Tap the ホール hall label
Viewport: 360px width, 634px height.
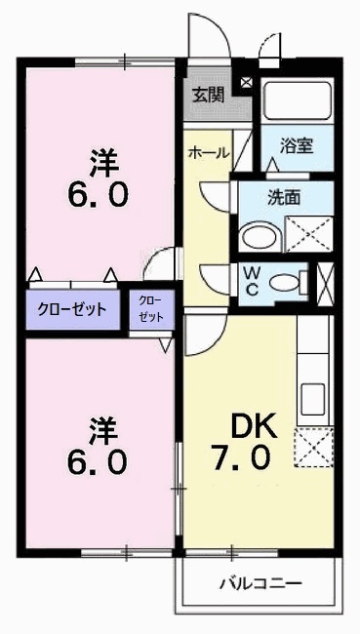[x=209, y=153]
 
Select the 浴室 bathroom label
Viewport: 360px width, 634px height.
[x=297, y=146]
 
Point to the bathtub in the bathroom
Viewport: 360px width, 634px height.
[x=298, y=100]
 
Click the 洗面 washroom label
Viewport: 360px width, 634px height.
[x=284, y=197]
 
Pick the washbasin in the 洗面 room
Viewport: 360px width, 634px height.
[x=260, y=236]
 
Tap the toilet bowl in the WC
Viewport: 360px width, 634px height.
[x=284, y=282]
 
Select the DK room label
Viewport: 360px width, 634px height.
[x=254, y=426]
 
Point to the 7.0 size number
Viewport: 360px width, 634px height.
[x=241, y=458]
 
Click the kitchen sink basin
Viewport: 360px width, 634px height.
[x=312, y=399]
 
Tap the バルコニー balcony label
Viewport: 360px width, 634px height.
[x=261, y=583]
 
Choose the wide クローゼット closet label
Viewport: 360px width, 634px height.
[x=71, y=310]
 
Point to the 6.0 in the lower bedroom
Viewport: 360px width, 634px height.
[x=98, y=463]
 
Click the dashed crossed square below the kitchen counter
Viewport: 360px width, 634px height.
[x=313, y=447]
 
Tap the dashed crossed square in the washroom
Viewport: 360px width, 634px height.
[x=309, y=234]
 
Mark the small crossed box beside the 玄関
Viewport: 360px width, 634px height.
[x=246, y=82]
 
